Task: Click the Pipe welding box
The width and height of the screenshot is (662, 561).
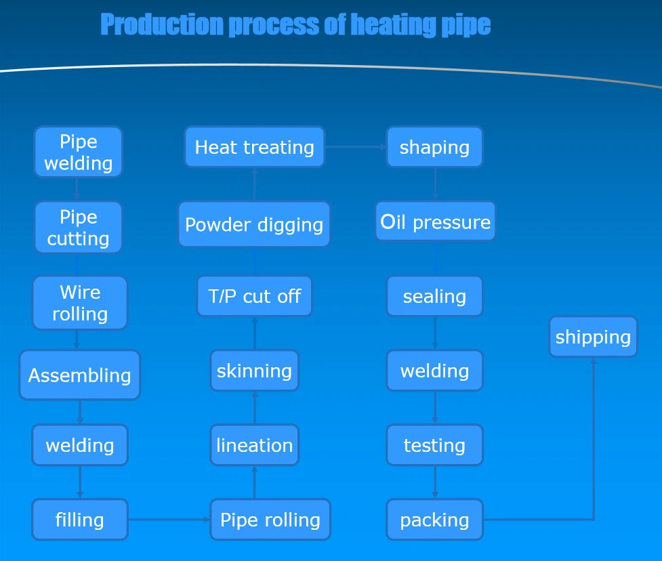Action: tap(79, 152)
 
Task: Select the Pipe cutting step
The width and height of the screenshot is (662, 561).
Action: tap(79, 228)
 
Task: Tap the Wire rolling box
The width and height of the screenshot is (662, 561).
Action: tap(80, 303)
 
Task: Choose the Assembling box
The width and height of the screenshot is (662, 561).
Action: tap(79, 375)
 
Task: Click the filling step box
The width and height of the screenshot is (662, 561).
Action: tap(80, 520)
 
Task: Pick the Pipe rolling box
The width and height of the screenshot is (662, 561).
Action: tap(270, 520)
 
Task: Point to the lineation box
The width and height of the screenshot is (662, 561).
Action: tap(254, 445)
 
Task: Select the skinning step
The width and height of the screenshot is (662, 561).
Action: tap(254, 371)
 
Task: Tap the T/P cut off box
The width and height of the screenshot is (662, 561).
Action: tap(254, 296)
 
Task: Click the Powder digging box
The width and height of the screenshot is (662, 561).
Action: tap(254, 224)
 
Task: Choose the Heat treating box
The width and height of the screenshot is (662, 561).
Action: tap(254, 147)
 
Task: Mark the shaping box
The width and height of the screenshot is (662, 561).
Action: tap(434, 147)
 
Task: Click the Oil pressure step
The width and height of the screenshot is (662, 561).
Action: tap(435, 222)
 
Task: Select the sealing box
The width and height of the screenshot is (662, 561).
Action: tap(434, 296)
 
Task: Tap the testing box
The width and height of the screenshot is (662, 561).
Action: tap(434, 445)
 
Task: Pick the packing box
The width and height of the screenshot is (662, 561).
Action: tap(434, 520)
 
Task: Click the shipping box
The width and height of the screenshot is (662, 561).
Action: tap(593, 337)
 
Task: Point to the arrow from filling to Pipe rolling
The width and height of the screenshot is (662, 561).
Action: tap(169, 520)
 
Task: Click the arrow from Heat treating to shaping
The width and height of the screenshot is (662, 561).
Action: tap(356, 147)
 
